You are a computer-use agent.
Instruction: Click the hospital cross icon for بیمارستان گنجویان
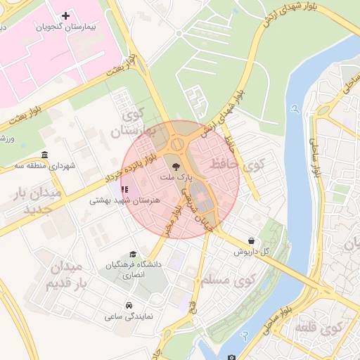66,15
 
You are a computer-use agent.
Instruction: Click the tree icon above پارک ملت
174,167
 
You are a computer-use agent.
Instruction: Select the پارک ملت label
176,179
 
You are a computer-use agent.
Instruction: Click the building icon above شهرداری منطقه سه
45,155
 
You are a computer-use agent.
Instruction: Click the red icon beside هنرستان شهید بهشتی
124,188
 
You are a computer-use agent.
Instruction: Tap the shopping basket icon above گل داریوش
252,240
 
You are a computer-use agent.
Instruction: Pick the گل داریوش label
252,251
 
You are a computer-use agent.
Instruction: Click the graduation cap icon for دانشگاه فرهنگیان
133,255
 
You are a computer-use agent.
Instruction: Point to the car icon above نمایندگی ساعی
129,306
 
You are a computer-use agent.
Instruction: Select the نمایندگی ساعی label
130,317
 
